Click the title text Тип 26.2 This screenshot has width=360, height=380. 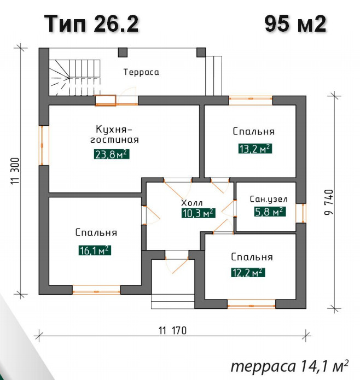[91, 24]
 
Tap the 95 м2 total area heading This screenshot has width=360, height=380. [295, 24]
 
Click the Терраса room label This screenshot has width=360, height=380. [141, 72]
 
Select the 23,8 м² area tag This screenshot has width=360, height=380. [112, 154]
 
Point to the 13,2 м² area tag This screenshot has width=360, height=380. [255, 149]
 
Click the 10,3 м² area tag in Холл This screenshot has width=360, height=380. [198, 213]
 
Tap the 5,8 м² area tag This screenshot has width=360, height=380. [270, 212]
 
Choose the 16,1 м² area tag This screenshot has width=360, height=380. [95, 250]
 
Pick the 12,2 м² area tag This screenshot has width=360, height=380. [248, 272]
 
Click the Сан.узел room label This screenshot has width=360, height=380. [269, 199]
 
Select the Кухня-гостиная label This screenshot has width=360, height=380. [114, 135]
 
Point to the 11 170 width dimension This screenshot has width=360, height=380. [172, 331]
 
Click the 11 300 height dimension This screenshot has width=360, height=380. [15, 171]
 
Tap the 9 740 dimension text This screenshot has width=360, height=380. [328, 202]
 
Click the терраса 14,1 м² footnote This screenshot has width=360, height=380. [290, 366]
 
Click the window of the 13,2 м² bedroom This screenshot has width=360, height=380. [251, 101]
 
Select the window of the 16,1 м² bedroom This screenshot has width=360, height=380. [96, 290]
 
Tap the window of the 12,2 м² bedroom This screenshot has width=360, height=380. [251, 304]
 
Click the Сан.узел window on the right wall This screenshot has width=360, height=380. [301, 213]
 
